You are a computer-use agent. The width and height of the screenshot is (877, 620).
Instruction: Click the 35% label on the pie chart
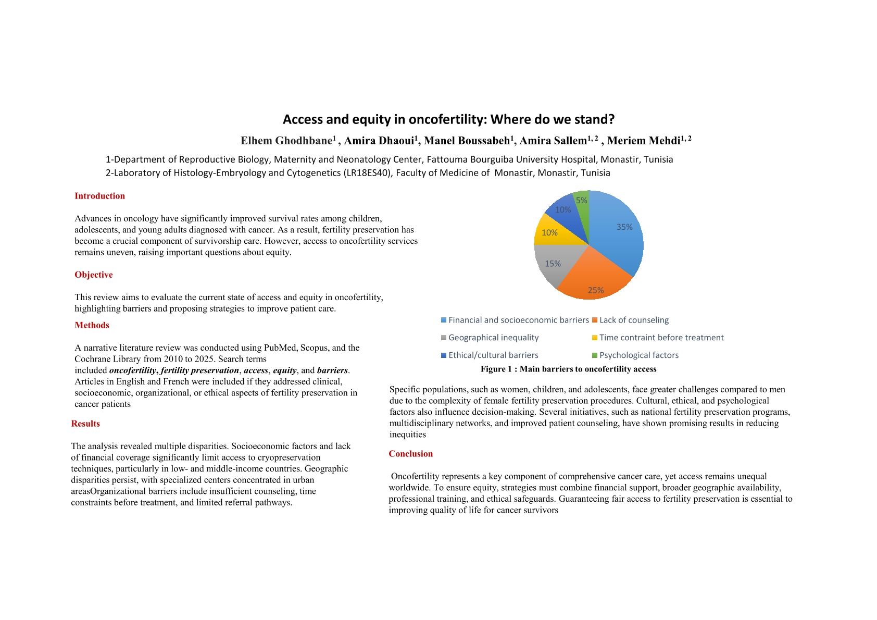[x=624, y=227]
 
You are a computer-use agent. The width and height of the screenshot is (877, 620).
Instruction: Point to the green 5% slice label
[x=581, y=201]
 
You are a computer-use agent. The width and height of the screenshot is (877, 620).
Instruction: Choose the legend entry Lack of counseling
[x=634, y=320]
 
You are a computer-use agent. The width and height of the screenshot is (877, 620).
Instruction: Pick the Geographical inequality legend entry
[x=493, y=338]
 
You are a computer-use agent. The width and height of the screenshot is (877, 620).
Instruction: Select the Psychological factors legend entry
[x=638, y=355]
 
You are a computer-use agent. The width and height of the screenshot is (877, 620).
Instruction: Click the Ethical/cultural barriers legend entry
[x=493, y=355]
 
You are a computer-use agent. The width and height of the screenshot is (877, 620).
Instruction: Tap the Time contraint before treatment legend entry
[x=661, y=338]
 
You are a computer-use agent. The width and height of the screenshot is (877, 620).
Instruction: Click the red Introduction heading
[x=99, y=196]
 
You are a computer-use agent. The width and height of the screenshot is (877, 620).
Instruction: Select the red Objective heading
[x=93, y=275]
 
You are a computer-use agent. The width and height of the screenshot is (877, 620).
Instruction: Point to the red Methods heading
[x=92, y=325]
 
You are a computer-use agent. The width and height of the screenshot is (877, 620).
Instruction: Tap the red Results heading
[x=85, y=424]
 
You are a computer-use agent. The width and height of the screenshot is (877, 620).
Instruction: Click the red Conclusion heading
[x=410, y=454]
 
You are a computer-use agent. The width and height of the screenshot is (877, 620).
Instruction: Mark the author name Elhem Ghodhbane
[x=286, y=141]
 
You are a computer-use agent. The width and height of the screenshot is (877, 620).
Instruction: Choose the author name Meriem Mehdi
[x=644, y=141]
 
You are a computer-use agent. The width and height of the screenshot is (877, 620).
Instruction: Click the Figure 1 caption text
[x=568, y=369]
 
